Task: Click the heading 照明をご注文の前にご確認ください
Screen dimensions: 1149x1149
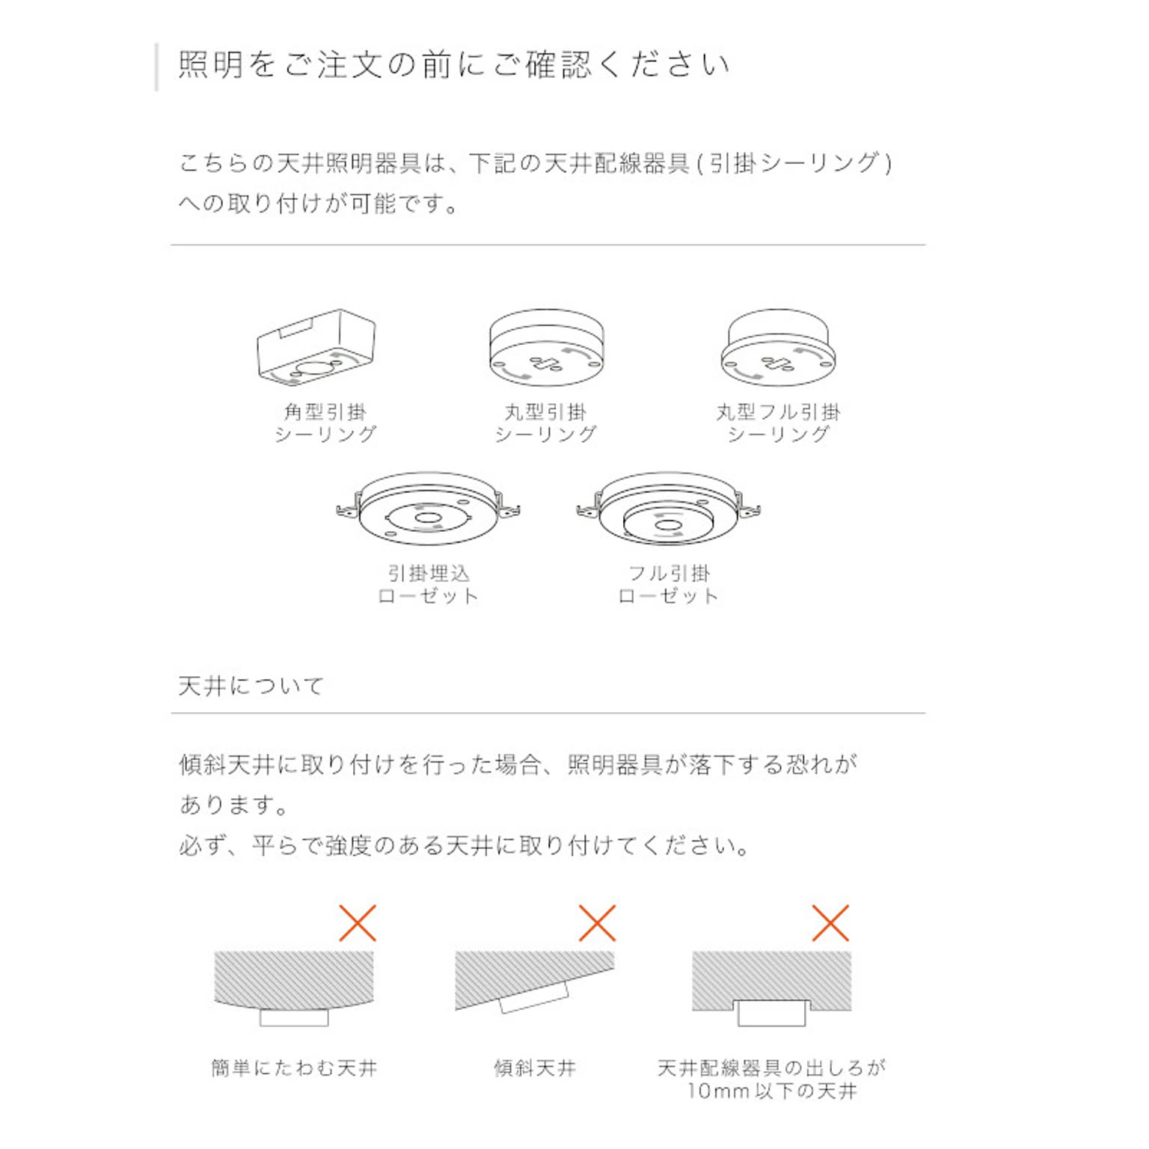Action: tap(454, 64)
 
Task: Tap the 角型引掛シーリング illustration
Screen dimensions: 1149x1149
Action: tap(316, 347)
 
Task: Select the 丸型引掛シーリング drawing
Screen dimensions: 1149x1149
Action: tap(546, 348)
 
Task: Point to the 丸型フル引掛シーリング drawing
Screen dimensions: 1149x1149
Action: tap(778, 348)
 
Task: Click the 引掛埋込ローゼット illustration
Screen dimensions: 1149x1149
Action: tap(429, 509)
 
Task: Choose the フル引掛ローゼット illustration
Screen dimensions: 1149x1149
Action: tap(669, 509)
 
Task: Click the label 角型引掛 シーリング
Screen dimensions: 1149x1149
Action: tap(325, 423)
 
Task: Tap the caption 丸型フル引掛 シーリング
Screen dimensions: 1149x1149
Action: tap(779, 423)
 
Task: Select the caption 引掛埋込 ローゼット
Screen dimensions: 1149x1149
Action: tap(428, 584)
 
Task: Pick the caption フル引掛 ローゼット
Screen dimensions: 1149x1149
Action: tap(669, 584)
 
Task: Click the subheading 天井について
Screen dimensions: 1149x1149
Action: tap(251, 685)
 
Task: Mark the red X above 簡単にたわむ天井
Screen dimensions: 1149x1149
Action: tap(358, 923)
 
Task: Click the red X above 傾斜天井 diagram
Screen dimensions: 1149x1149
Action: tap(597, 923)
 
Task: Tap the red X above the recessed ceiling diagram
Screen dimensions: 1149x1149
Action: tap(830, 923)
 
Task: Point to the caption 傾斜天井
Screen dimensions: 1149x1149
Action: tap(535, 1068)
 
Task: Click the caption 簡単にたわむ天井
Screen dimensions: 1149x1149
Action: tap(294, 1068)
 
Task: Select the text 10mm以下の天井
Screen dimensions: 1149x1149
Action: tap(772, 1091)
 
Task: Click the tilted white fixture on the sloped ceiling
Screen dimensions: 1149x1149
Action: tap(534, 997)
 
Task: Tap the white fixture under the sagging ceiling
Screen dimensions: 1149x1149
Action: tap(294, 1017)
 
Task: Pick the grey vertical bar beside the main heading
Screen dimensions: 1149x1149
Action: tap(156, 67)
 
